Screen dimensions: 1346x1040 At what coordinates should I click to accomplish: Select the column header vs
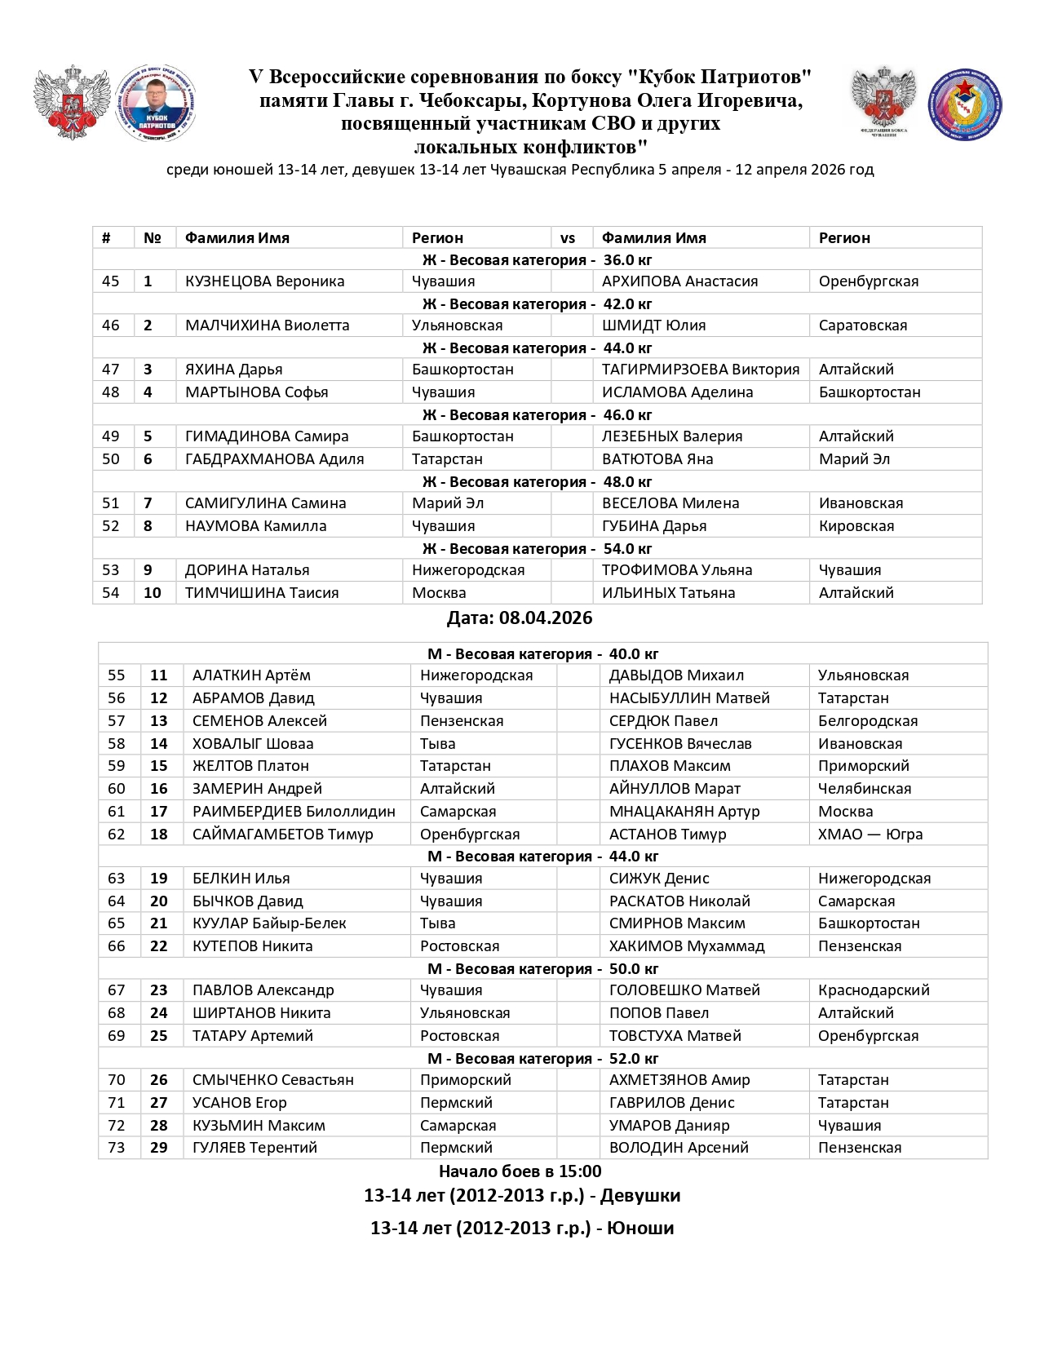coord(568,238)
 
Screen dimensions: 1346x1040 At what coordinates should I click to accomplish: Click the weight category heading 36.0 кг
coord(627,260)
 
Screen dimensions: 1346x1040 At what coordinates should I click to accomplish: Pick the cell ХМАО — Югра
coord(870,834)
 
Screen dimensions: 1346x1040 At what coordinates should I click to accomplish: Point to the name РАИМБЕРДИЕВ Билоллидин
coord(294,811)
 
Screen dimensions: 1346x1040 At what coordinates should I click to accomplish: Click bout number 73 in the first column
coord(117,1147)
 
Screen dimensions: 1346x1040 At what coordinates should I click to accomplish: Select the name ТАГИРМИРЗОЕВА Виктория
coord(700,369)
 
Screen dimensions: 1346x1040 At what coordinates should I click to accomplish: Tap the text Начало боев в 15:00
coord(520,1171)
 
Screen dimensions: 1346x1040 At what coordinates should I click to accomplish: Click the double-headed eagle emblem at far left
coord(72,103)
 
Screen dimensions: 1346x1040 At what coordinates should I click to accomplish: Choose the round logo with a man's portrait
coord(157,104)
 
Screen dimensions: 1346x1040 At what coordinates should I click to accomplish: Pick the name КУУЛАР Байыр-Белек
coord(269,923)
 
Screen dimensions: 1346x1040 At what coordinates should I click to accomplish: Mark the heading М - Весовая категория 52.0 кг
coord(542,1058)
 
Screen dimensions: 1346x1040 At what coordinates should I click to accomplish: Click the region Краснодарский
coord(874,990)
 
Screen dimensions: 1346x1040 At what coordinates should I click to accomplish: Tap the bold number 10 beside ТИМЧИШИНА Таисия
coord(153,593)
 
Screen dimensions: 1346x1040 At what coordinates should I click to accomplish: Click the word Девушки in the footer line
coord(640,1195)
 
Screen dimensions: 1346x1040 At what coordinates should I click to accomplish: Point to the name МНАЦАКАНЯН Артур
coord(684,811)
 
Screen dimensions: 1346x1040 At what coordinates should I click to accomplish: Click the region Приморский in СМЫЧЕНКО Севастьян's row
coord(465,1079)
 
